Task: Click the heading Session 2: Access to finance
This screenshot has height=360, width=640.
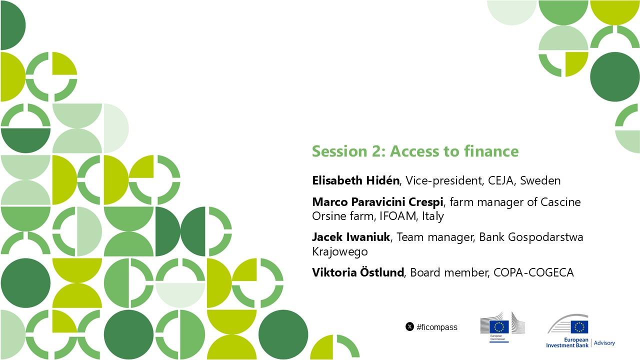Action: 415,151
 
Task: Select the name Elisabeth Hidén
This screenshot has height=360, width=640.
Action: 355,180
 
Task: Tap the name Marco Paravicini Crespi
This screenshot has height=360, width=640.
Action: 377,202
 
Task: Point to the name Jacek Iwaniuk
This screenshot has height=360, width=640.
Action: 351,237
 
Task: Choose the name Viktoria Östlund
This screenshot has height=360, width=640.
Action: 358,272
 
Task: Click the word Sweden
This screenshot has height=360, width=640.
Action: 540,180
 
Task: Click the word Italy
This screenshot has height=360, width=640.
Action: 433,216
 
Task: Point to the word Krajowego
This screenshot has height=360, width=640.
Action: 340,251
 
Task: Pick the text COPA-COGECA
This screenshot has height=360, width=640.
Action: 533,272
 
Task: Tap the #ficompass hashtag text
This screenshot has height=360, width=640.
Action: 437,327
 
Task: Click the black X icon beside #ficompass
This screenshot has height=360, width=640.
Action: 409,326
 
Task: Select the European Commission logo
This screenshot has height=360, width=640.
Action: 502,326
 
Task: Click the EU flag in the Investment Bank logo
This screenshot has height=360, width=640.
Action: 579,327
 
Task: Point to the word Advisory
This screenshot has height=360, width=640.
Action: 604,343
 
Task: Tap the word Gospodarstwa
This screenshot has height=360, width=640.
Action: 531,237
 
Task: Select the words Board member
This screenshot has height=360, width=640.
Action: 448,272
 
